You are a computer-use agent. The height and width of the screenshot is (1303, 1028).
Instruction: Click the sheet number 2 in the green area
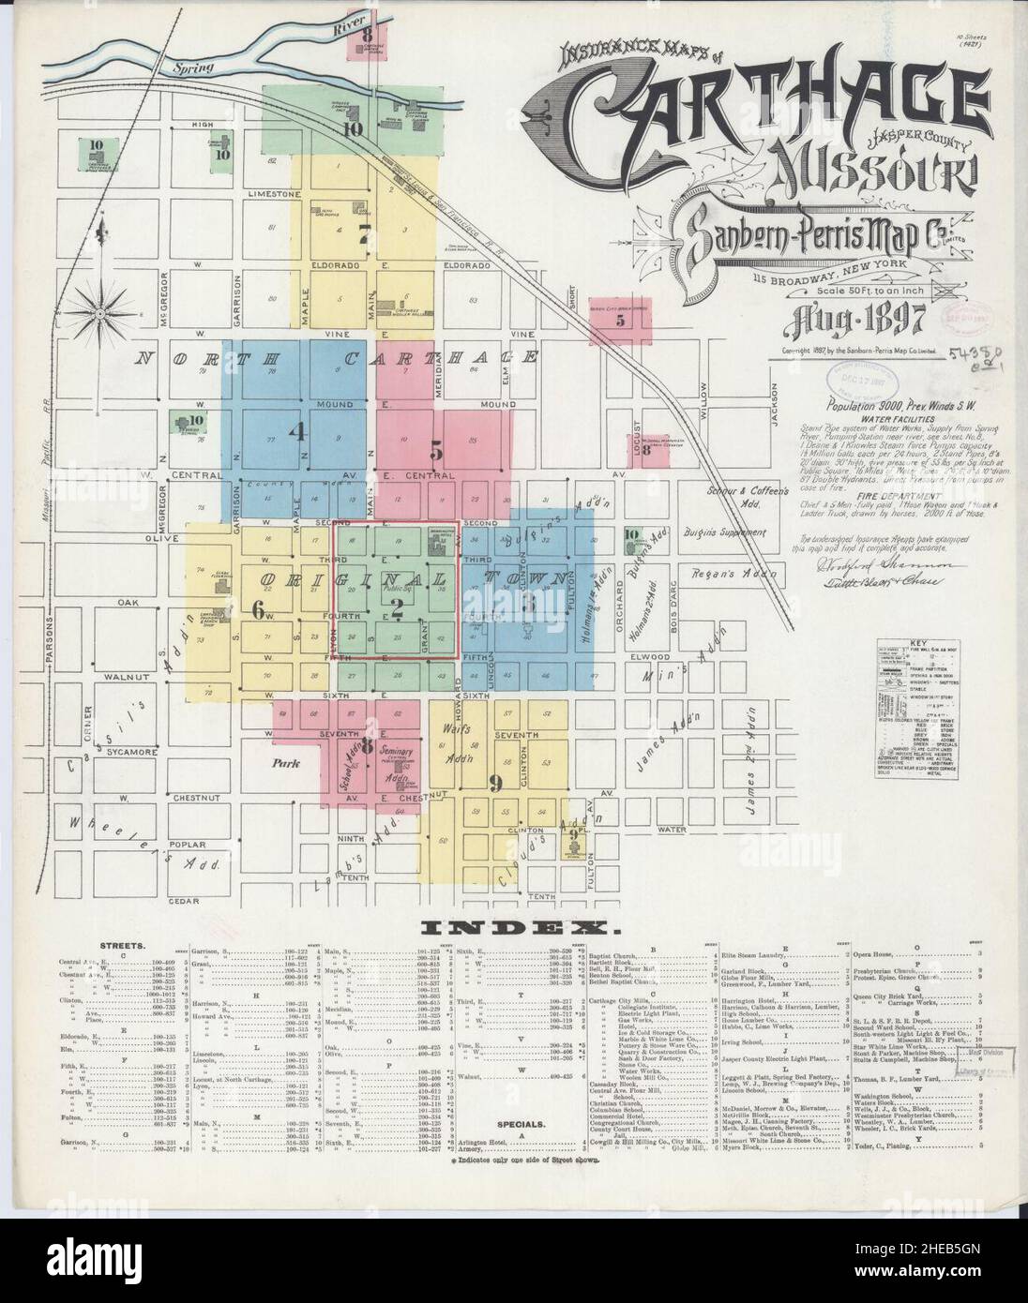coord(397,610)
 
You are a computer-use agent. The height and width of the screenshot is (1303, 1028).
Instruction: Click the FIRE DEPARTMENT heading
coord(869,495)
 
